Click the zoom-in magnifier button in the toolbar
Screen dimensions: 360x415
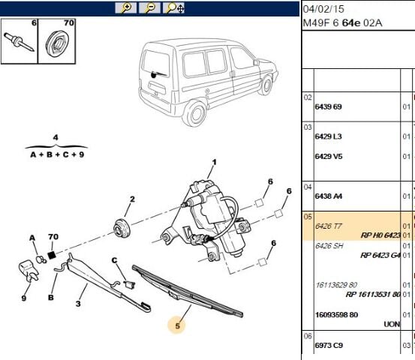(x=125, y=7)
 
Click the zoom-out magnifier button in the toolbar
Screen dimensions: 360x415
(x=149, y=7)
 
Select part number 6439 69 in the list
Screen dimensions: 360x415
(x=327, y=106)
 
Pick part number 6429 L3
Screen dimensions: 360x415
(x=327, y=136)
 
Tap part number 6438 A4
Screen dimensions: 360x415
(x=327, y=195)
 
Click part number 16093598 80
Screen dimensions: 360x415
(x=338, y=314)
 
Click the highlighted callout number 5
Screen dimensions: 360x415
(x=178, y=325)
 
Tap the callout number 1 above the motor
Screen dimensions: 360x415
(x=213, y=162)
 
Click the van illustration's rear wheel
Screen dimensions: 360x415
(x=197, y=112)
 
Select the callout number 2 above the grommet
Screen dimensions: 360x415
(x=131, y=199)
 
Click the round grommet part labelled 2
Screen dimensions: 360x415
(x=121, y=226)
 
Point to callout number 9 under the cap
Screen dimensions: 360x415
(x=23, y=298)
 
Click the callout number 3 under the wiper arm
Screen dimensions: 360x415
(x=77, y=304)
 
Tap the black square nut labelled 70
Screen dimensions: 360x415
(x=53, y=255)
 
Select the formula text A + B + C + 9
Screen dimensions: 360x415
(x=57, y=154)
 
